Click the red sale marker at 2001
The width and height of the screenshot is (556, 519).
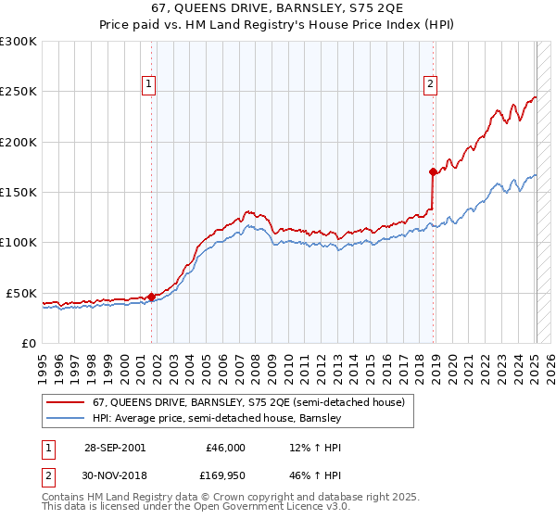coord(151,297)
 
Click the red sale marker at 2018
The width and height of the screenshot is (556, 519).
coord(432,171)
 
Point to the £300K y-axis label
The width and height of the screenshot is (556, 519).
coord(19,42)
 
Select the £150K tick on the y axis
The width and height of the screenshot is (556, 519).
coord(19,192)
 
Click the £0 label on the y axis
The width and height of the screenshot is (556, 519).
coord(27,343)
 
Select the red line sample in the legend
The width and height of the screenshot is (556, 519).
coord(66,403)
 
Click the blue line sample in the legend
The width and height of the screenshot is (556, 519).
coord(66,418)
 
